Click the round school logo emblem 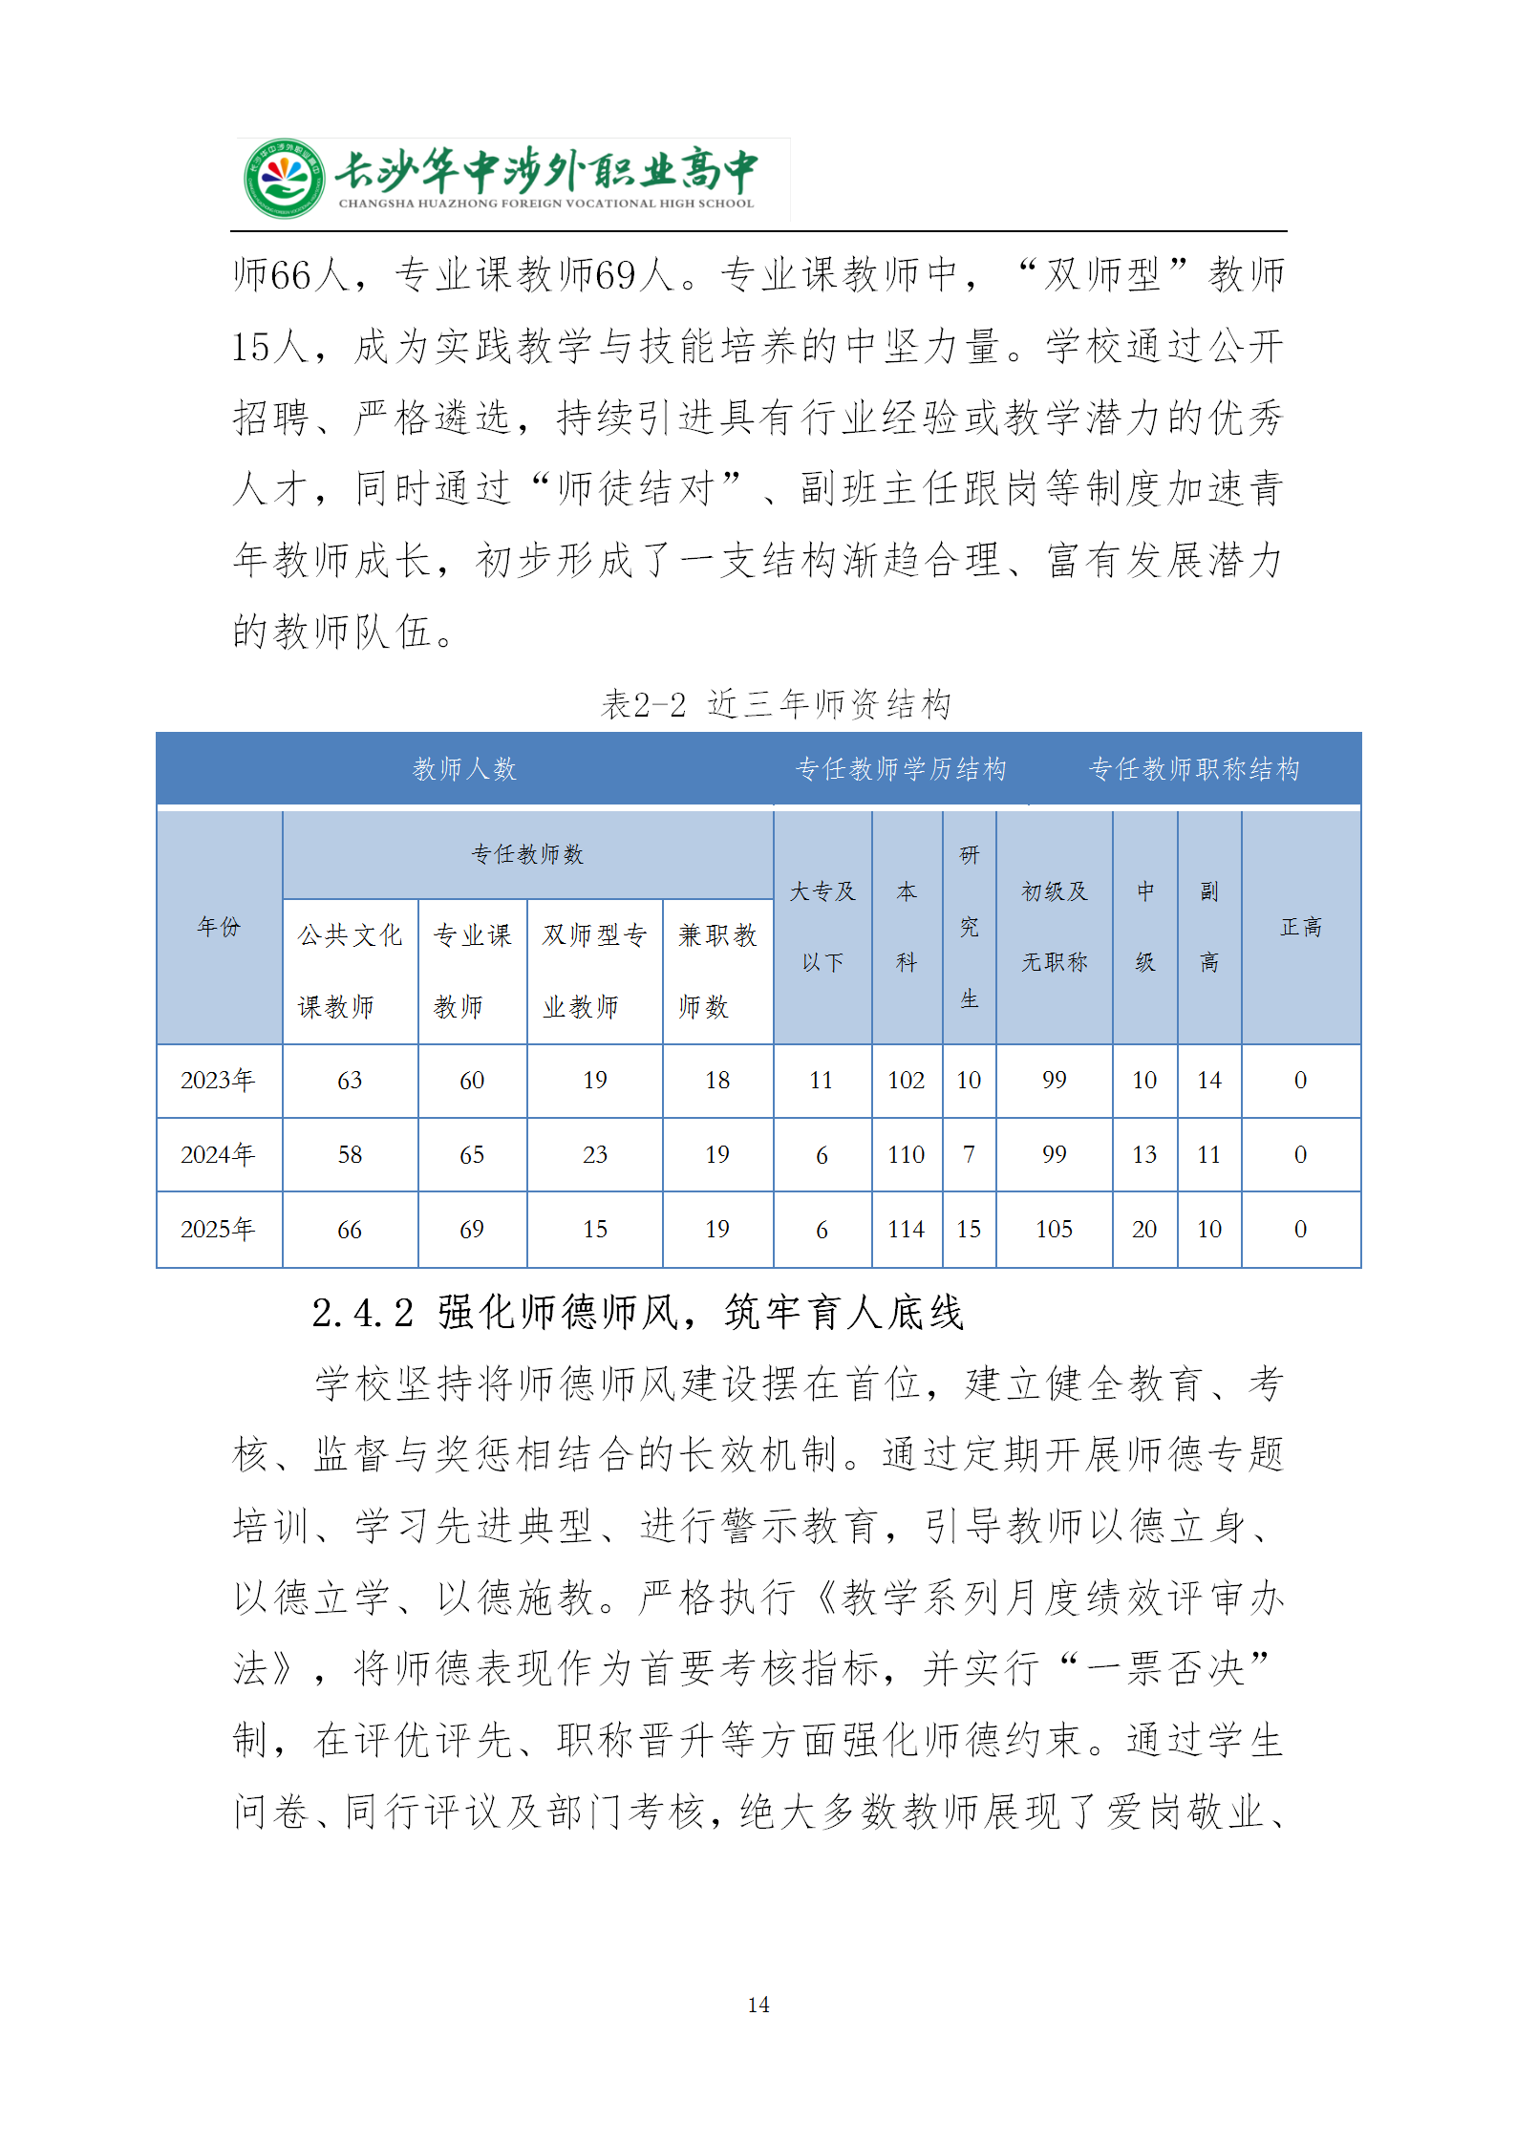(283, 179)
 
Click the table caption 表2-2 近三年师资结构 (776, 704)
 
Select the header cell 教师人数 (464, 769)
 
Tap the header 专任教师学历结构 (901, 769)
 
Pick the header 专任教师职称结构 (1194, 769)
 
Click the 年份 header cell (219, 926)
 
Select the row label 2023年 (219, 1081)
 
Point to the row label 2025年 (219, 1230)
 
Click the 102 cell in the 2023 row (906, 1081)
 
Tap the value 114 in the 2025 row (906, 1230)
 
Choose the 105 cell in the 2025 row (1054, 1230)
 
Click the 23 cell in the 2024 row (594, 1155)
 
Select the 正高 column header (1300, 927)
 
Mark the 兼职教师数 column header (716, 970)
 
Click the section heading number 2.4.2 (363, 1313)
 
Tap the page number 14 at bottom (758, 2005)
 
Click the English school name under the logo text (545, 204)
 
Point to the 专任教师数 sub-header (527, 854)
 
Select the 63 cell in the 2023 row (350, 1081)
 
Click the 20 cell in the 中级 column (1143, 1230)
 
